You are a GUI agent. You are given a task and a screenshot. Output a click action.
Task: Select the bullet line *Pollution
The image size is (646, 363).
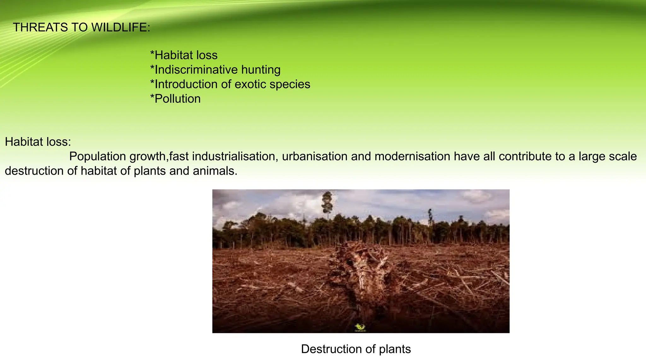pyautogui.click(x=175, y=99)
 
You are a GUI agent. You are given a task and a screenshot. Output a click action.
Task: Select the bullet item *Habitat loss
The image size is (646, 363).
pyautogui.click(x=184, y=55)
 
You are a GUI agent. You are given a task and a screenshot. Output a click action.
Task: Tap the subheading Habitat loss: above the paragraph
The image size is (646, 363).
pyautogui.click(x=38, y=142)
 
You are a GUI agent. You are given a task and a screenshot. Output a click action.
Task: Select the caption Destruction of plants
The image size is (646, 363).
pyautogui.click(x=356, y=349)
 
